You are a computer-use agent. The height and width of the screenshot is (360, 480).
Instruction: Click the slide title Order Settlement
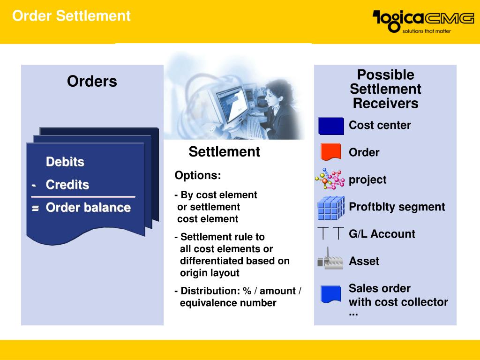(71, 16)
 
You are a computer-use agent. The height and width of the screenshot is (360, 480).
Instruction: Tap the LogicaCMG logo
(423, 21)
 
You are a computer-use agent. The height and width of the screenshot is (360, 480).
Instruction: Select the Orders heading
(92, 82)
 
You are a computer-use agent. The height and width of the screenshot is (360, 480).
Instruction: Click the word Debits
(65, 162)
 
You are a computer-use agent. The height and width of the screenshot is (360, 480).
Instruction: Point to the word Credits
(67, 185)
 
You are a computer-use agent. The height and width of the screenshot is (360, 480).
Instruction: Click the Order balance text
(88, 208)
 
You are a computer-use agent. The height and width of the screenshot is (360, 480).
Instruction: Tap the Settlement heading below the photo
(224, 151)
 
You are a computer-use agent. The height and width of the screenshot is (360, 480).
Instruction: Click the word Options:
(198, 175)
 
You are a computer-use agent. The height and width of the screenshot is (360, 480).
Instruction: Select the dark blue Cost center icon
(331, 126)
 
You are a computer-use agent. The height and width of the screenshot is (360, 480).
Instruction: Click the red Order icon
(331, 152)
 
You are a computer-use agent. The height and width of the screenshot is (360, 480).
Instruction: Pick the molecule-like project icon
(330, 179)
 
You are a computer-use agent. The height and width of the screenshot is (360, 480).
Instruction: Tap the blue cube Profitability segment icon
(331, 208)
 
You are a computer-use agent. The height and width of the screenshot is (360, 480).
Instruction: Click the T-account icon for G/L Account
(330, 233)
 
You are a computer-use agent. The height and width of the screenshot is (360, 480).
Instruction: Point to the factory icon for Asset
(330, 259)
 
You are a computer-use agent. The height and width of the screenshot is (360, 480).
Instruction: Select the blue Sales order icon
(331, 294)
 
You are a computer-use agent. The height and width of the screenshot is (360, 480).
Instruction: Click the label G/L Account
(382, 234)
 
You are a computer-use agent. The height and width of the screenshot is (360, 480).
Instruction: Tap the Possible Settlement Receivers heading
(385, 89)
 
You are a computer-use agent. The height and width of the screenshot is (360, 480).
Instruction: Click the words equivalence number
(228, 303)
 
